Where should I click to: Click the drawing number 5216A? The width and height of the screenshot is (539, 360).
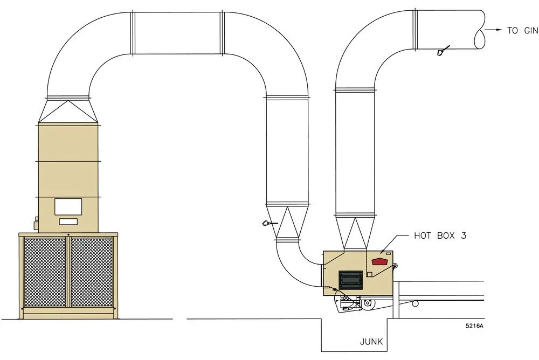pos(474,326)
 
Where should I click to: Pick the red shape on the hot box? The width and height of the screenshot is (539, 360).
pos(380,261)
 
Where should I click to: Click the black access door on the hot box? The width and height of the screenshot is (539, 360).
pos(351,280)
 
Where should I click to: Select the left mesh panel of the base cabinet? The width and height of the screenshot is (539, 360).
pos(45,272)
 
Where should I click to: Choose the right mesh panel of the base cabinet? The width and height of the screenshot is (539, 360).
pos(92,272)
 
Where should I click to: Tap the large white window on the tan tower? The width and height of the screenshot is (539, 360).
pos(68,206)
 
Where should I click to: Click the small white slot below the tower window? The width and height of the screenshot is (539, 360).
pos(68,221)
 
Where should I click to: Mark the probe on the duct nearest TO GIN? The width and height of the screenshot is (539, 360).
pos(441,52)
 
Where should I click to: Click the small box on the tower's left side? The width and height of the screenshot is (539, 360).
pos(37,220)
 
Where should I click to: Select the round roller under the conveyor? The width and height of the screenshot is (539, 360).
pos(415,303)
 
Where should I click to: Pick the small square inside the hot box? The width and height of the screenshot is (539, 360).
pos(369,274)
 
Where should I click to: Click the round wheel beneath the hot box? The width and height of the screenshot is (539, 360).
pos(367,304)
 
